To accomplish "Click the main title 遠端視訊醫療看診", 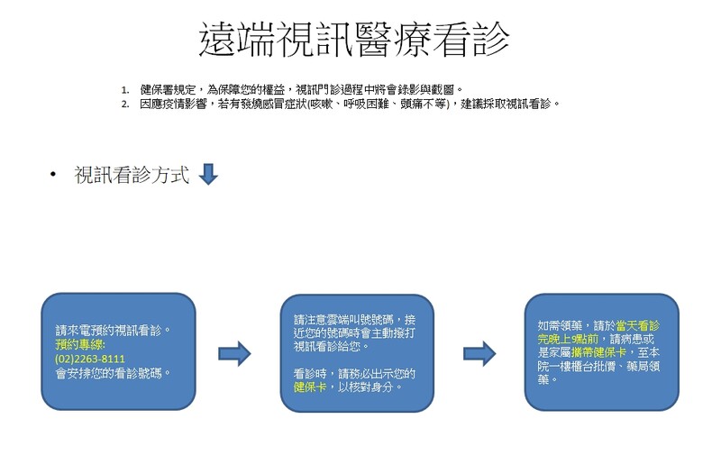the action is [x=354, y=40].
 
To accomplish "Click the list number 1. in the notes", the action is [x=125, y=90].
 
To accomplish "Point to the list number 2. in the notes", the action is [x=125, y=105].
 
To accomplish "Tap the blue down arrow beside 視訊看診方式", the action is [x=208, y=174].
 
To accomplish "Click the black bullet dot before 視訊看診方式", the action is [x=53, y=175].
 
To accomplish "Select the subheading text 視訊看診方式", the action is [x=132, y=175].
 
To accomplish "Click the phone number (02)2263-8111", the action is [x=90, y=359].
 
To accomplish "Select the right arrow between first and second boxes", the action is [x=234, y=354].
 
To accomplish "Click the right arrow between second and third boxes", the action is [x=479, y=354].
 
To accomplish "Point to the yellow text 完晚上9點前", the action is [x=568, y=339].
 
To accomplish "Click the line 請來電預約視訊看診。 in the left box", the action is [x=114, y=330].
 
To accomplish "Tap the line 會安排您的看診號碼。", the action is [x=114, y=373].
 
